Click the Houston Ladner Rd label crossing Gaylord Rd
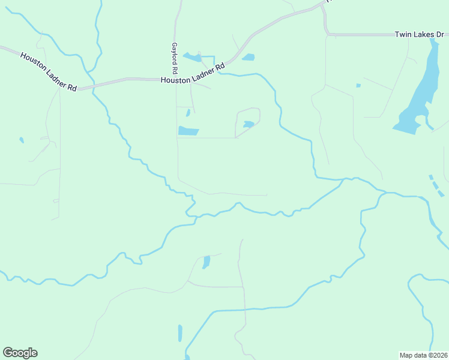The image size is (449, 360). [x=193, y=72]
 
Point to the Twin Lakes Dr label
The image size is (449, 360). [x=418, y=35]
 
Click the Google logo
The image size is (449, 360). [x=20, y=353]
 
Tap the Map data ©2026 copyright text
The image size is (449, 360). [x=424, y=355]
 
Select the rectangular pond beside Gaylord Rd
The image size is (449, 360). [x=188, y=131]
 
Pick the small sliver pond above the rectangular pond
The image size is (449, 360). [x=188, y=112]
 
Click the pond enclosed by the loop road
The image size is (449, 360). [x=249, y=125]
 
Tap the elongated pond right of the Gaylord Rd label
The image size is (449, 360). [x=193, y=58]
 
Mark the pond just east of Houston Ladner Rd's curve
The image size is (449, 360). [x=248, y=58]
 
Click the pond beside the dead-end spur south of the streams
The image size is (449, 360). [x=206, y=262]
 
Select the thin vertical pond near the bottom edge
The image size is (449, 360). [x=180, y=333]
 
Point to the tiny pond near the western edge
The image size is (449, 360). [x=22, y=140]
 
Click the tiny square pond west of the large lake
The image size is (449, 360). [x=358, y=86]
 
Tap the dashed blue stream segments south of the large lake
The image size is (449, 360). [x=438, y=186]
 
